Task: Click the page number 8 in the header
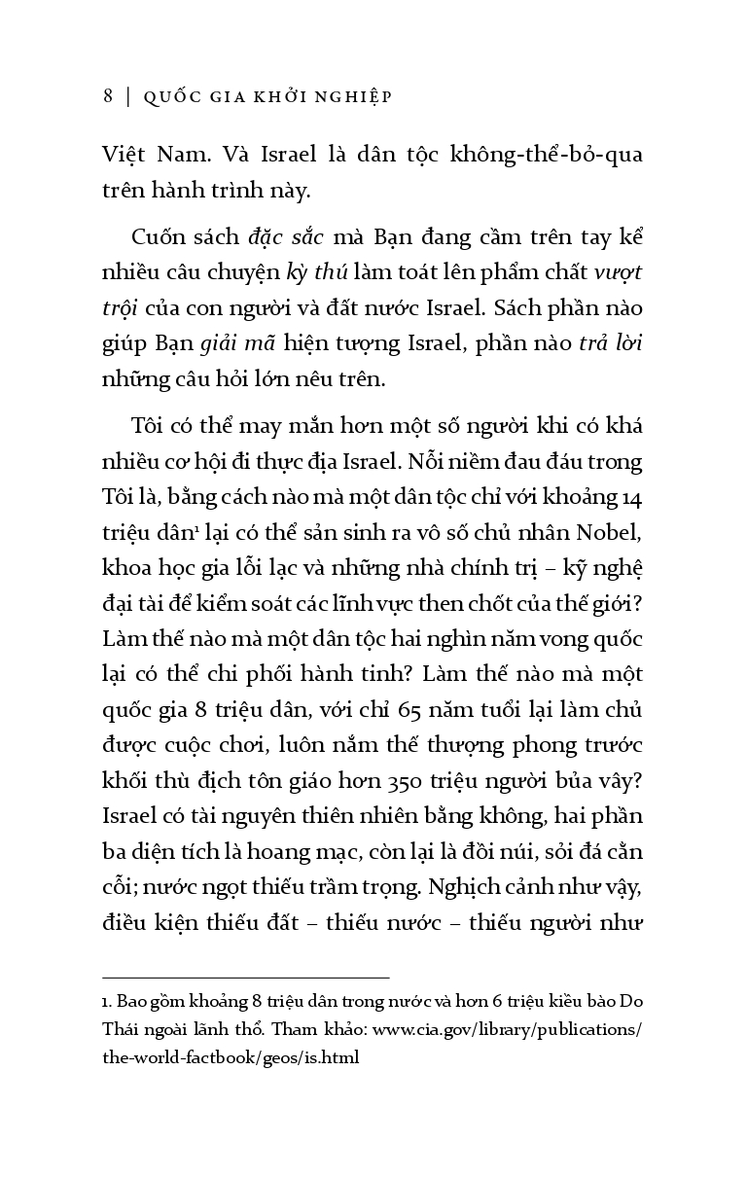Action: click(x=107, y=96)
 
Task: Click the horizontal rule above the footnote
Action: click(x=245, y=976)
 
